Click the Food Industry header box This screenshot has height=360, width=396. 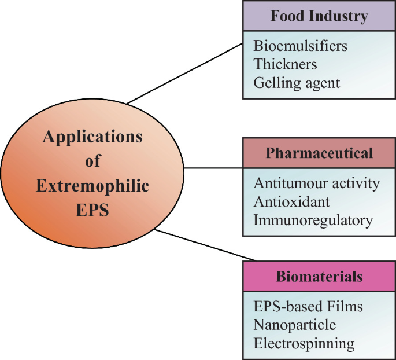(319, 16)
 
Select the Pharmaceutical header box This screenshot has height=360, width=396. (319, 153)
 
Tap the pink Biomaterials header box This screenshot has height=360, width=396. (319, 276)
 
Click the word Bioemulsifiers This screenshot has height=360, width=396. (300, 45)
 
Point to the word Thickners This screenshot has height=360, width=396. (285, 64)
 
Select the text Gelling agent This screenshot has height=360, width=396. (297, 83)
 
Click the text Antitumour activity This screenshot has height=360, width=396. (316, 183)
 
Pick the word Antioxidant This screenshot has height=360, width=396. (291, 201)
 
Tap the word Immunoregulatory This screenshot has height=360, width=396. (313, 220)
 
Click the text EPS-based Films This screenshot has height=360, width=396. (308, 306)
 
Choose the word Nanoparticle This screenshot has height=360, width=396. (294, 325)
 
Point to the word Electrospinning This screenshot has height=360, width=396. (304, 343)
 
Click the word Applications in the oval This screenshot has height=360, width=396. (92, 137)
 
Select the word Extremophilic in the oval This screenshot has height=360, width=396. (92, 186)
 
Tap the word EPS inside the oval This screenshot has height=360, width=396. (92, 210)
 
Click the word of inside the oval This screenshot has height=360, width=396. (92, 161)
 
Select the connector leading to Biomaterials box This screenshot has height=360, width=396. (205, 245)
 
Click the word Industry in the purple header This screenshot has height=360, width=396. (342, 16)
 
